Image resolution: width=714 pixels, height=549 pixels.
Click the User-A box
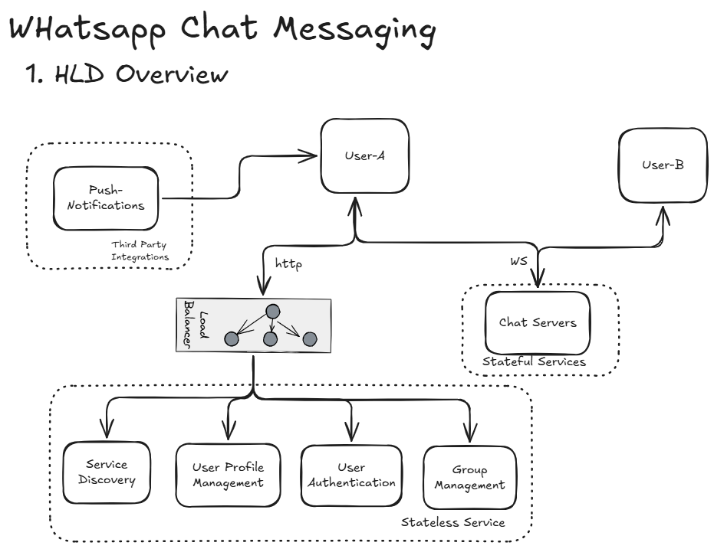tap(364, 156)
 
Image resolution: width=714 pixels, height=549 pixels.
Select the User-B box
tap(663, 165)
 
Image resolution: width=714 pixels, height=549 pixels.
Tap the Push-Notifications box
tap(106, 198)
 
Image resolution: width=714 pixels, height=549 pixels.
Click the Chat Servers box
tap(538, 322)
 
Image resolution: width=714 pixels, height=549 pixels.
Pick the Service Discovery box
tap(107, 472)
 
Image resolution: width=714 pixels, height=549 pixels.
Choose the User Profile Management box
tap(228, 475)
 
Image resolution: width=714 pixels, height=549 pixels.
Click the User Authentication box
tap(351, 475)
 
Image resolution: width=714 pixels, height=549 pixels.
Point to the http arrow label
tap(288, 264)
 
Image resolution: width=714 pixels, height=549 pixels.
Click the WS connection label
tap(518, 261)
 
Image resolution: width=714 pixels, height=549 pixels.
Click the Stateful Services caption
tap(534, 361)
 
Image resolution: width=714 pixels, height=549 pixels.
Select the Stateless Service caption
tap(453, 522)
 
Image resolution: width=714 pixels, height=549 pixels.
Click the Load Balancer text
tap(195, 324)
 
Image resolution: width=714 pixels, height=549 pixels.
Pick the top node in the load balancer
tap(271, 312)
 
